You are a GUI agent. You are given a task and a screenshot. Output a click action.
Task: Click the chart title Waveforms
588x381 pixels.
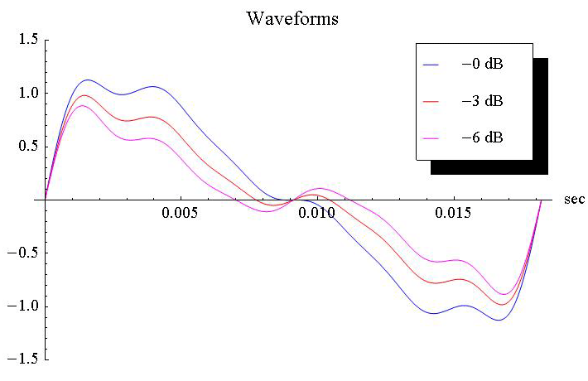click(x=292, y=17)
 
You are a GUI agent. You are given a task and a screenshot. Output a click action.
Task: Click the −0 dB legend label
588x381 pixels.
click(x=481, y=65)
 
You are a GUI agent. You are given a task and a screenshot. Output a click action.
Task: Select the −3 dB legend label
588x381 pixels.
click(x=481, y=101)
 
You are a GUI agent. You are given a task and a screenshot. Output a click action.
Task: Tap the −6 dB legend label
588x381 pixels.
click(x=481, y=137)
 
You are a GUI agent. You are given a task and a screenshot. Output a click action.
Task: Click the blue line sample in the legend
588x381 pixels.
click(x=432, y=65)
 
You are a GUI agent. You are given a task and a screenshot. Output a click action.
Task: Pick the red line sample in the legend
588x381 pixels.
click(x=432, y=101)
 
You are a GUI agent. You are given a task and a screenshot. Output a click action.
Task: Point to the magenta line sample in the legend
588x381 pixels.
click(x=432, y=137)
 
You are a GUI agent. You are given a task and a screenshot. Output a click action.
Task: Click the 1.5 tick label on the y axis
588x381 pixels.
click(x=25, y=40)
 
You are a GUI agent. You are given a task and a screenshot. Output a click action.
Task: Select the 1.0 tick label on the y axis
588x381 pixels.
click(x=25, y=93)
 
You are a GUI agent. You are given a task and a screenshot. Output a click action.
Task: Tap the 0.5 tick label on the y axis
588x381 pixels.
click(x=25, y=147)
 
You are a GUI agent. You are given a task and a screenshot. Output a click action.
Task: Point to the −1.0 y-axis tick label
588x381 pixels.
click(x=22, y=306)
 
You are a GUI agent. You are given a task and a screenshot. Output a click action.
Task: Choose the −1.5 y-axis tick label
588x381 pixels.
click(x=22, y=360)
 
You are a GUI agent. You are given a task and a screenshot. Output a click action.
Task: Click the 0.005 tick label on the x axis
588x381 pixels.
click(x=180, y=213)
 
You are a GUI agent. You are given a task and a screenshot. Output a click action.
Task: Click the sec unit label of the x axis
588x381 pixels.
click(x=574, y=200)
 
